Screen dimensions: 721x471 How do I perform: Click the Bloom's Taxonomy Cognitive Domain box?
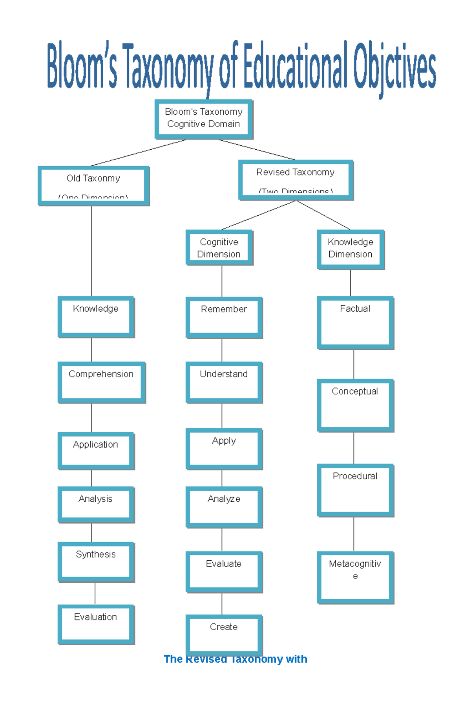click(x=204, y=119)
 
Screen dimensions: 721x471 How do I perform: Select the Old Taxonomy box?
click(x=93, y=185)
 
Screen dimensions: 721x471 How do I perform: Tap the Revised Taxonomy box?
click(x=296, y=180)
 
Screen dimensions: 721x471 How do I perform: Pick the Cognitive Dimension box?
click(x=219, y=248)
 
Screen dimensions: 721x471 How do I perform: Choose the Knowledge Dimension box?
click(x=350, y=249)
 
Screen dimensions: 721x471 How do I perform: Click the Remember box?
click(x=224, y=317)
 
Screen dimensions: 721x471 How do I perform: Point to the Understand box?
click(x=224, y=382)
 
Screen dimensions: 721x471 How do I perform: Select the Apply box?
click(x=224, y=449)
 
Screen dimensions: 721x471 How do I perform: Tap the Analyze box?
click(x=224, y=507)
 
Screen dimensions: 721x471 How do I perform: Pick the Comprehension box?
click(x=101, y=382)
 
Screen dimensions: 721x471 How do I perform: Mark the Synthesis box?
click(x=96, y=561)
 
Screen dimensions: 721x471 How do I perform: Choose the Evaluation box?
click(x=96, y=624)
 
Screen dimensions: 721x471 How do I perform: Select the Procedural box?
click(x=355, y=490)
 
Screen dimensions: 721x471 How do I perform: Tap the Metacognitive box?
click(x=355, y=577)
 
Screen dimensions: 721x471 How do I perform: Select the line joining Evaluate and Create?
click(x=222, y=604)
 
